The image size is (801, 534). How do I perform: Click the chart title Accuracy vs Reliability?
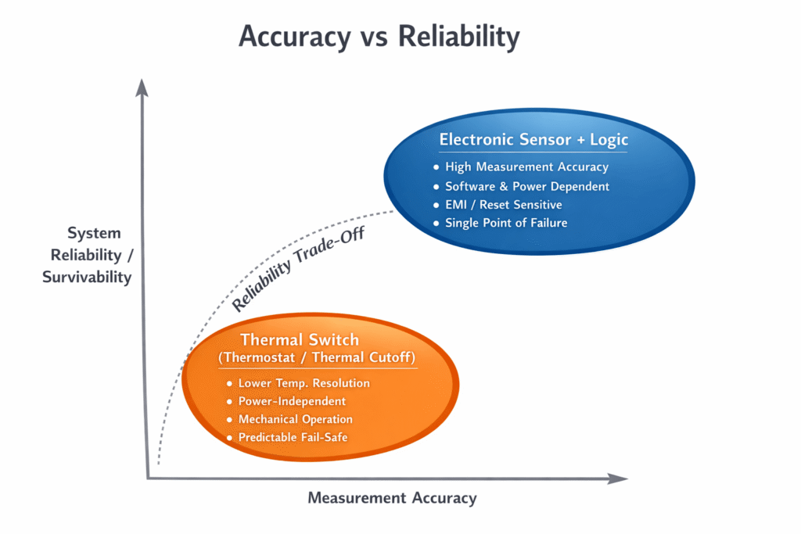(x=378, y=36)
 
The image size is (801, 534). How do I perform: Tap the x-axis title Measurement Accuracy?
(x=392, y=498)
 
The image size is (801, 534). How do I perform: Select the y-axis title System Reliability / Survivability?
(x=88, y=255)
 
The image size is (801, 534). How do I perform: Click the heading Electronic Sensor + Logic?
(x=533, y=140)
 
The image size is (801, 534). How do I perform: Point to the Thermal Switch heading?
(x=300, y=339)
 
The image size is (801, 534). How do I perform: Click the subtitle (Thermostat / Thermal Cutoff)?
(x=318, y=358)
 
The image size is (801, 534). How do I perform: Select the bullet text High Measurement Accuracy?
(x=526, y=167)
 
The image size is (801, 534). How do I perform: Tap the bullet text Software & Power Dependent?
(x=527, y=186)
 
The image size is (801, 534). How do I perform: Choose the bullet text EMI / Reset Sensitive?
(x=503, y=205)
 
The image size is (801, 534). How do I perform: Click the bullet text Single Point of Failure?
(x=506, y=223)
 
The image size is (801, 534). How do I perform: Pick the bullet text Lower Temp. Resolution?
(x=304, y=383)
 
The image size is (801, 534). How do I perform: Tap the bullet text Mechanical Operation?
(x=296, y=419)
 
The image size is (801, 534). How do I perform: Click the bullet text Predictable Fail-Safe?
(x=293, y=437)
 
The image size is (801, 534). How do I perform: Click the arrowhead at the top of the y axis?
(x=142, y=87)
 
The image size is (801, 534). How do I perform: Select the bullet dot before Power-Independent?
(x=229, y=402)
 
